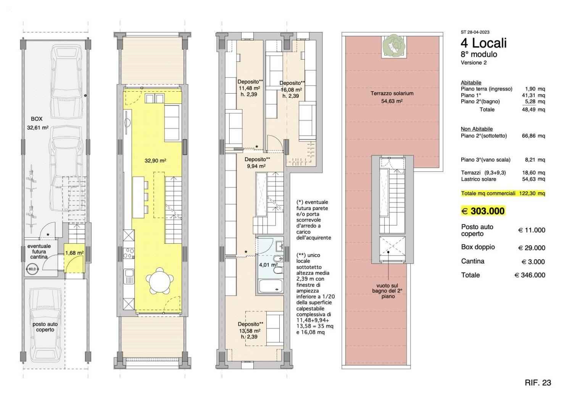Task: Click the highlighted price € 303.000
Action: [x=483, y=211]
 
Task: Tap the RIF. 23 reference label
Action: [x=538, y=383]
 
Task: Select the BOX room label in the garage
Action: [x=37, y=119]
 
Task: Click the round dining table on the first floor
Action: [x=160, y=281]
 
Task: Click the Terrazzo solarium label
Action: [x=392, y=93]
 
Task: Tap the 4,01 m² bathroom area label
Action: [x=268, y=265]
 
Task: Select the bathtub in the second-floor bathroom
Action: [x=271, y=286]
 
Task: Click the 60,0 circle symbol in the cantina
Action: [x=32, y=269]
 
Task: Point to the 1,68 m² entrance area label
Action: [x=74, y=253]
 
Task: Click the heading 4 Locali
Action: [x=484, y=43]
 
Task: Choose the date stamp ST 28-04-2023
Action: [x=475, y=32]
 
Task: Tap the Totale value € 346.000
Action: [x=530, y=275]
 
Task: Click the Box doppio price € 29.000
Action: [x=532, y=248]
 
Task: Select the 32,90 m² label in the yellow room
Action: [x=155, y=161]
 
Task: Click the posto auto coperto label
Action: [x=45, y=327]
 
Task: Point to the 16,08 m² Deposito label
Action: [x=291, y=90]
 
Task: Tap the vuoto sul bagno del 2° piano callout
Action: [x=387, y=291]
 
